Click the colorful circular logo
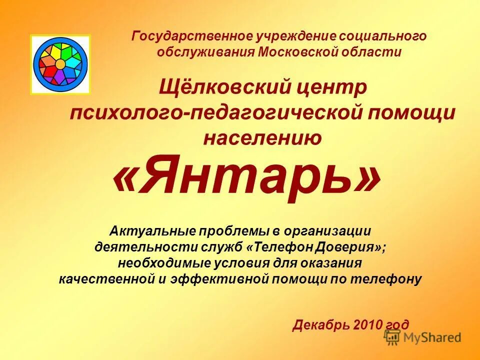tap(60, 64)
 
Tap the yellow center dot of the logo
tap(60, 64)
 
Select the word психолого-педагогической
tap(215, 112)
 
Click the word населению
tap(262, 137)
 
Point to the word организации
tap(328, 231)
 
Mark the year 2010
tap(368, 325)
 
